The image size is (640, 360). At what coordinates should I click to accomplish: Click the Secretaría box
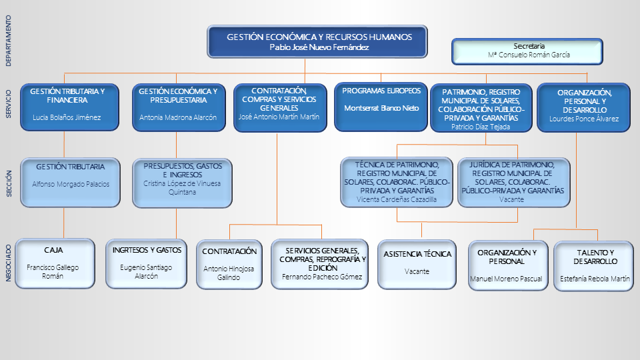pos(527,51)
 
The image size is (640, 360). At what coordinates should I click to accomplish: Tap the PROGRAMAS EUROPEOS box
pos(381,106)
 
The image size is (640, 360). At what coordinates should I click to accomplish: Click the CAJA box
pos(54,263)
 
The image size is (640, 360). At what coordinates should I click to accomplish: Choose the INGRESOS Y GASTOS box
pos(147,263)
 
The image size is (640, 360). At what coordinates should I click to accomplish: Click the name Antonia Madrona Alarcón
pos(178,117)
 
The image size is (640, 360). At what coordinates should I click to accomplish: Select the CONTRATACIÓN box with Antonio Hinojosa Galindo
pos(229,264)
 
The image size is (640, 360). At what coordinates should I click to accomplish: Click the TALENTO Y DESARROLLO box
pos(594,266)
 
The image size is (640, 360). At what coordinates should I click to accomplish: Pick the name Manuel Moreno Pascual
pos(506,279)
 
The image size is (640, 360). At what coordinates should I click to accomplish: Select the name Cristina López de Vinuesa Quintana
pos(182,187)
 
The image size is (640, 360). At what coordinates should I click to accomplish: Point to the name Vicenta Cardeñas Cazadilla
pos(397,199)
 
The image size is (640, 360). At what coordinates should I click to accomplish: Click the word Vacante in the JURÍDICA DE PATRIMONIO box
pos(513,199)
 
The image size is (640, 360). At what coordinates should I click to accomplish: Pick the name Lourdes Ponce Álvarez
pos(584,119)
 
